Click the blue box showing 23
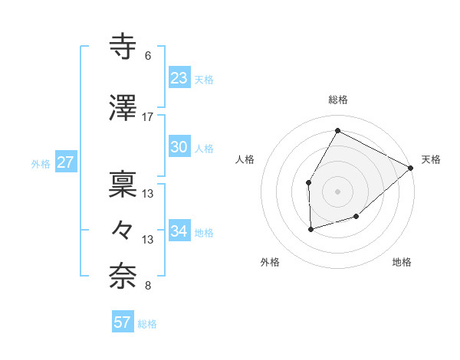coord(179,77)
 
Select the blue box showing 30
coord(179,147)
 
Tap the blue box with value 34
coord(179,231)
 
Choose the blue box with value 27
coord(65,162)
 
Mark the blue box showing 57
coord(123,322)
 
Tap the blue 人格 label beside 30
coord(204,149)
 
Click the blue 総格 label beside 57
coord(147,324)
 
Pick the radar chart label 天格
coord(431,159)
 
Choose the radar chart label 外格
coord(270,262)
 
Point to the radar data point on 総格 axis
coord(337,130)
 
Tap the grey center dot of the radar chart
coord(337,191)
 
